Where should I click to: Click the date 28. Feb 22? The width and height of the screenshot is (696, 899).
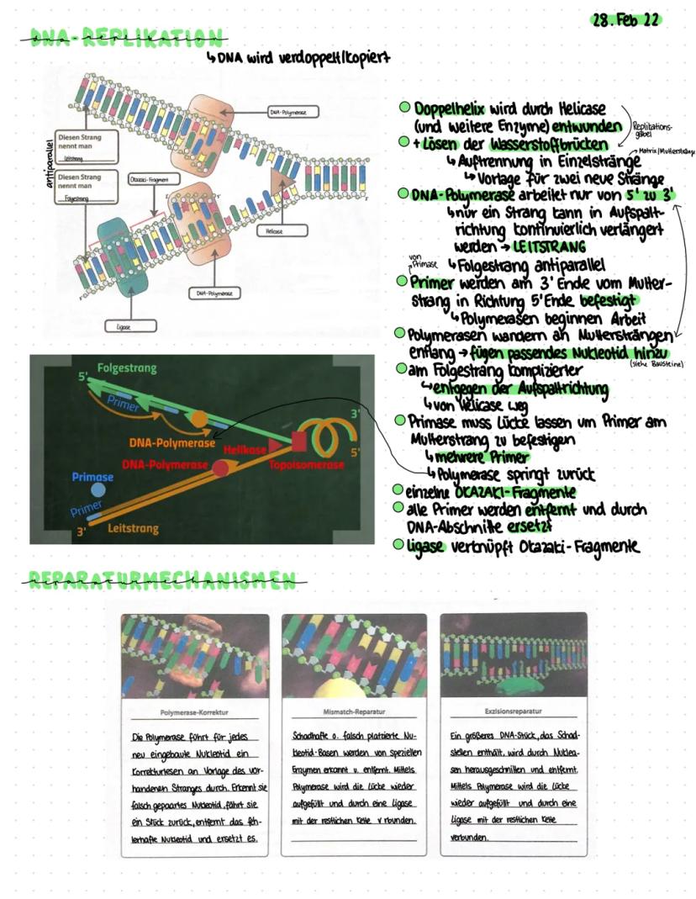pyautogui.click(x=626, y=19)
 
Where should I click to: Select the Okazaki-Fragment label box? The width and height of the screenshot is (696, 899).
pyautogui.click(x=145, y=180)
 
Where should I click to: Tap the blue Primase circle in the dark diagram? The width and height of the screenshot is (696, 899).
pyautogui.click(x=98, y=488)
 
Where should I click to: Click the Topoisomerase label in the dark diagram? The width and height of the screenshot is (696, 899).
pyautogui.click(x=307, y=464)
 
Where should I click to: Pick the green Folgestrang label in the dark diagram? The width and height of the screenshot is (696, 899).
pyautogui.click(x=126, y=368)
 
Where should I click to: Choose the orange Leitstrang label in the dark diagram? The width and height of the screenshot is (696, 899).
pyautogui.click(x=133, y=529)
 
